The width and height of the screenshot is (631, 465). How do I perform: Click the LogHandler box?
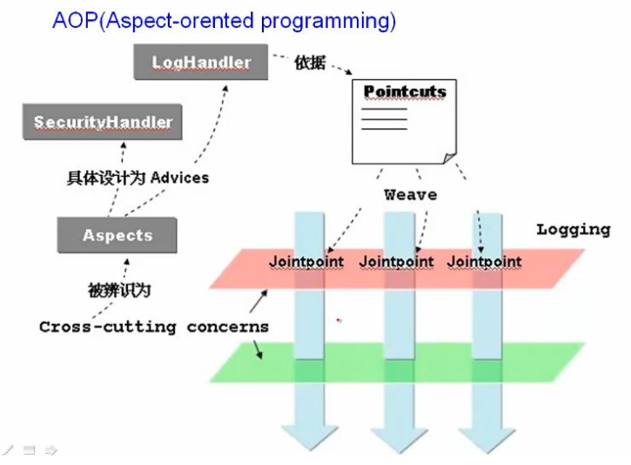pos(201,63)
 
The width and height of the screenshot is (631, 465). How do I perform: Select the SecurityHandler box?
pos(102,122)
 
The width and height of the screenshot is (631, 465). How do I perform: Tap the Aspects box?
pos(117,235)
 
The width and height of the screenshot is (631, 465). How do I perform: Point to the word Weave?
pos(410,195)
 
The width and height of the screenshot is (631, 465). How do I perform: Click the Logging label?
pos(573,230)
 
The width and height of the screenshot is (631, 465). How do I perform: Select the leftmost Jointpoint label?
pos(306,261)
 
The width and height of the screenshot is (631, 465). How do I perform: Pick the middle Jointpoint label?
pos(396,261)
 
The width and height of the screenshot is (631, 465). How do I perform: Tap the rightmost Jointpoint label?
pos(485,261)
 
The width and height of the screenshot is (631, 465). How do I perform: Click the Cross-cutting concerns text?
pos(154,327)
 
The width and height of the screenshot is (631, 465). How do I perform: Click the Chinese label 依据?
pos(309,63)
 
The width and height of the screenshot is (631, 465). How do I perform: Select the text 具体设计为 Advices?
pos(138,178)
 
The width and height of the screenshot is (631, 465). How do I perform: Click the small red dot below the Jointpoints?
pos(339,320)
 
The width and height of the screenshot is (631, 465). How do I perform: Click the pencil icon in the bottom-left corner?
pos(9,450)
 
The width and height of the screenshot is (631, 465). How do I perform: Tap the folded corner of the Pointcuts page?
pos(449,158)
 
